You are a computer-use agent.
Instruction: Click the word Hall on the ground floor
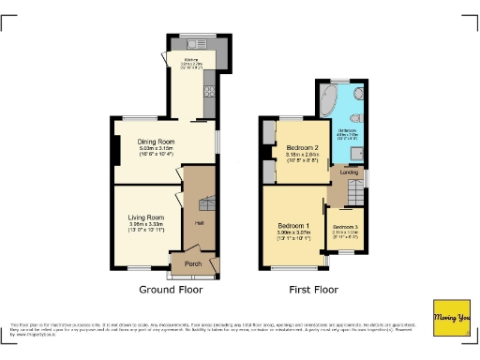(x=199, y=223)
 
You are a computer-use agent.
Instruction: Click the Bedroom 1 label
(x=294, y=226)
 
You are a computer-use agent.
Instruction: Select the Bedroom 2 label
(x=303, y=149)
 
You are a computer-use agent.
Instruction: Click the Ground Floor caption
(x=170, y=290)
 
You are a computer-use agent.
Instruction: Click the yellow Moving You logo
(x=449, y=318)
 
